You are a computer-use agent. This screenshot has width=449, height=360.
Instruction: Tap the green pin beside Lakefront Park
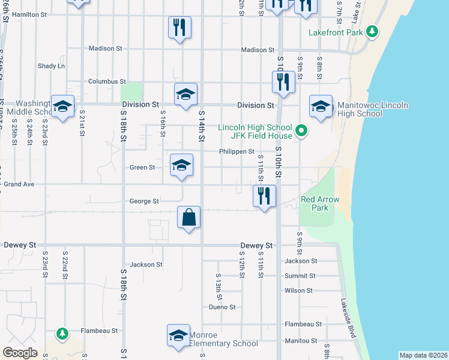[373, 31]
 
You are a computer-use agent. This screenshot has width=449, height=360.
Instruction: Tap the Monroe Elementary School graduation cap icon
[178, 335]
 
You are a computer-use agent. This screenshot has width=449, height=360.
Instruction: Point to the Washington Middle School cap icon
[62, 106]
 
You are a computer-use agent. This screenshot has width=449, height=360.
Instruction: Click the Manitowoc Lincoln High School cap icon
[321, 106]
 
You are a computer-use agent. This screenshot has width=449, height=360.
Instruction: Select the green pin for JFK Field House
[303, 130]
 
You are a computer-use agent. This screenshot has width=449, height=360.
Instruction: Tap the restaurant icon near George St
[264, 195]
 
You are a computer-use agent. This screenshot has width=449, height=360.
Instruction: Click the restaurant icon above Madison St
[179, 27]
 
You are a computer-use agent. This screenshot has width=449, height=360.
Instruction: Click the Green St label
[143, 168]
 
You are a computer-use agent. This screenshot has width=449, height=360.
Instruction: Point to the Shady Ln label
[51, 66]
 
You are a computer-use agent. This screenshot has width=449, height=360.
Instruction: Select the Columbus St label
[107, 82]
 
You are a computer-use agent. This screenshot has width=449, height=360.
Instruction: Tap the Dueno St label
[223, 307]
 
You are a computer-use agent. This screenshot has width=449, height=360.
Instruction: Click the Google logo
[20, 353]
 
